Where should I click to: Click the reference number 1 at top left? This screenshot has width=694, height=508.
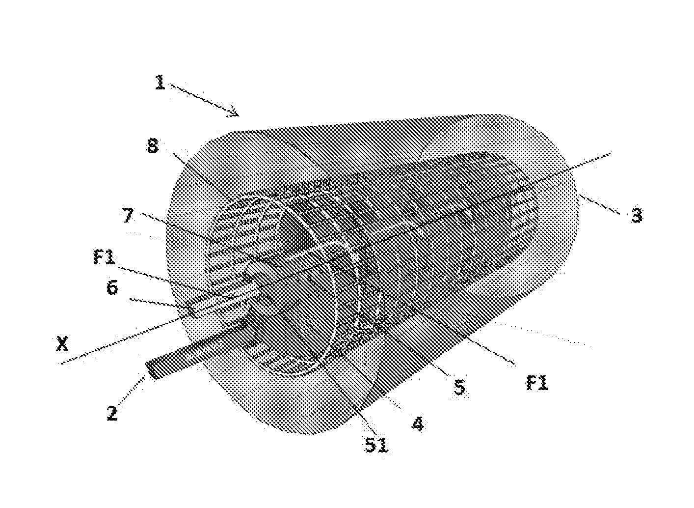point(160,82)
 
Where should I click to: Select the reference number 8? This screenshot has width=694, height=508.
point(153,146)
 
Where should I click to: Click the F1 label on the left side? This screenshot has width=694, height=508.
point(105,258)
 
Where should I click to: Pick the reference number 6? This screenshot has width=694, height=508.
point(113,287)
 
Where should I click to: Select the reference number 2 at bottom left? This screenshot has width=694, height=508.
point(112,413)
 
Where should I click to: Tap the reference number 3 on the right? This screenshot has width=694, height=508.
point(637,215)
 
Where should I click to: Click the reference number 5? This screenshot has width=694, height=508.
point(459,388)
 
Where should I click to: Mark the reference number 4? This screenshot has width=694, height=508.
point(418,423)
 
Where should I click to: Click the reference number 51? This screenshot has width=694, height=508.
point(376,446)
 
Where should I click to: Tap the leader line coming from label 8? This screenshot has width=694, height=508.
point(201,177)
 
